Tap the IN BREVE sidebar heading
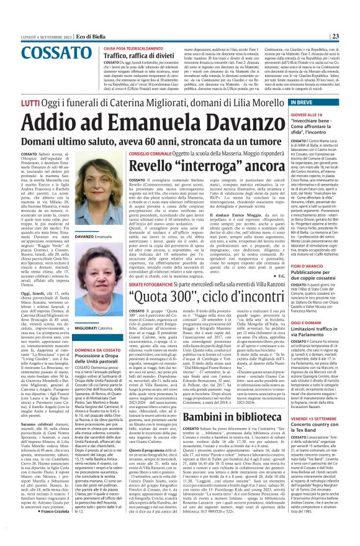pos(299,101)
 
